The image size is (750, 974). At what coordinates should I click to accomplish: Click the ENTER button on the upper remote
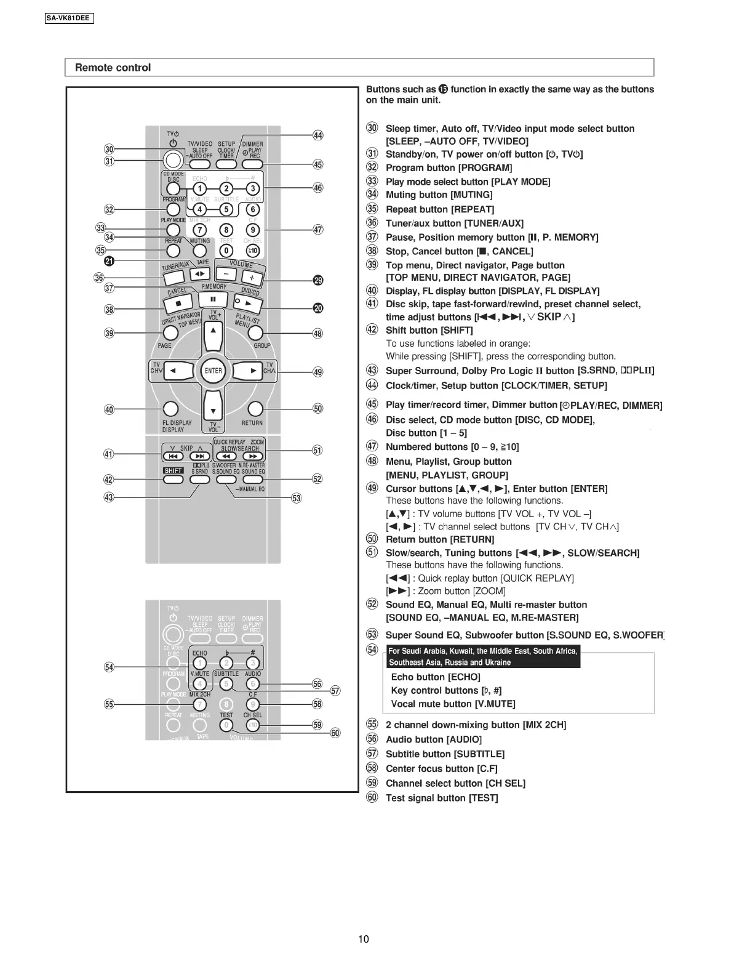coord(213,371)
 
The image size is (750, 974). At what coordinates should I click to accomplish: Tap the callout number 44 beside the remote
coord(318,135)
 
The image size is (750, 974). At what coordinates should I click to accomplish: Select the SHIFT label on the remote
coord(174,470)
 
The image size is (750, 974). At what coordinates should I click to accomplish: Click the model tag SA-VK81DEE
coord(69,18)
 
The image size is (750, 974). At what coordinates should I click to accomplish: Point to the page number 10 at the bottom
coord(364,939)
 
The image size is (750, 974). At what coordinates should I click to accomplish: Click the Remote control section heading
coord(113,68)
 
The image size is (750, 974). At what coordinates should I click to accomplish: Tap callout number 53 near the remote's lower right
coord(297,497)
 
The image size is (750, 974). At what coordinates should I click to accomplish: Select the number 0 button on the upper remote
coord(226,251)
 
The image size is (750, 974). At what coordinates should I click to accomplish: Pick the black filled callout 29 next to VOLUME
coord(318,281)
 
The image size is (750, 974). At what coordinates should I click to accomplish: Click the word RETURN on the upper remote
coord(252,423)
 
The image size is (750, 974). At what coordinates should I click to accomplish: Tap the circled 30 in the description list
coord(372,128)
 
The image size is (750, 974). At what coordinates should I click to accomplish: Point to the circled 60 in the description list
coord(372,797)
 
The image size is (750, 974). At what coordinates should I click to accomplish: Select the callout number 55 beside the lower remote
coord(109,704)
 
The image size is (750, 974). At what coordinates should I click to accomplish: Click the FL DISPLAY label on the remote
coord(177,423)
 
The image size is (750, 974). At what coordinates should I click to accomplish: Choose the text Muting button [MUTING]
coord(439,195)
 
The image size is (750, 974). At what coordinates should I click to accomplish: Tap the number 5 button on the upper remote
coord(226,209)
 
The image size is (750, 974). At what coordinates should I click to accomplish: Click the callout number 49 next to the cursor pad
coord(318,372)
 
